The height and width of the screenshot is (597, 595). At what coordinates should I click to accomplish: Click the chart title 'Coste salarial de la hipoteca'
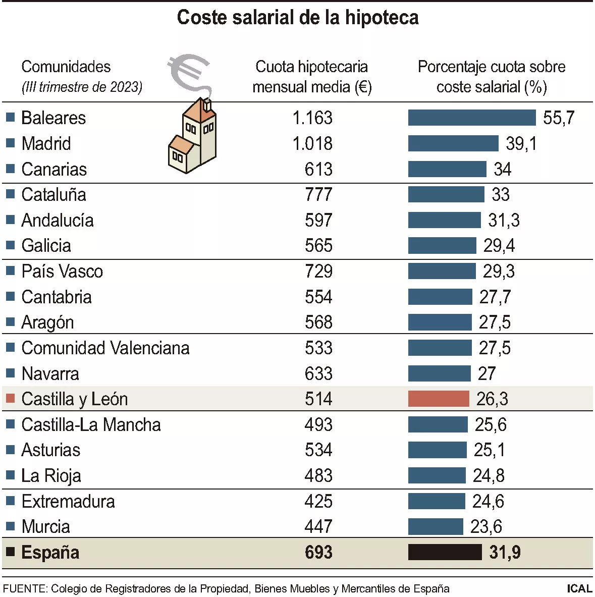pos(297,18)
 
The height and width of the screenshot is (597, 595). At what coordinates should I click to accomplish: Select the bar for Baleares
pos(471,118)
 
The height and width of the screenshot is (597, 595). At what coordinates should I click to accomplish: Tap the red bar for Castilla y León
pos(438,399)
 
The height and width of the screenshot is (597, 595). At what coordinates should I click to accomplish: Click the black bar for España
pos(445,552)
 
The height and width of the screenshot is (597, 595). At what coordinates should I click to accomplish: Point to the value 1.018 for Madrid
pos(312,144)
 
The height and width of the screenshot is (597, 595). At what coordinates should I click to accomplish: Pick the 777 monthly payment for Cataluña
pos(318,195)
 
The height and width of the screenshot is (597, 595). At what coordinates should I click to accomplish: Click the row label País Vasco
pos(62,272)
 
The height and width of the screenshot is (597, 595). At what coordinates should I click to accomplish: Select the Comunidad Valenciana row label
pos(105,348)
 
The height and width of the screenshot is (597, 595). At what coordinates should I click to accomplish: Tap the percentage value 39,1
pos(521,144)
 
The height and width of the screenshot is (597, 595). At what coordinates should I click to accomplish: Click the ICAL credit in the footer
pos(579,588)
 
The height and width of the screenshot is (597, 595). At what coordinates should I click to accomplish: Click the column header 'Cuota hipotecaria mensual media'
pos(311,77)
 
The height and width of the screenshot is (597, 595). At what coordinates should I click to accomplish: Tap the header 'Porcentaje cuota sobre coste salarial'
pos(491,77)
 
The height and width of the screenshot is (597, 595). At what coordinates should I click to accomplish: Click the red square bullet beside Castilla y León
pos(10,399)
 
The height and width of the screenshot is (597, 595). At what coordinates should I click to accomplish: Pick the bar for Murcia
pos(435,527)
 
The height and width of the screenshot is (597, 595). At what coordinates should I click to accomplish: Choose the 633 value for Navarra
pos(318,374)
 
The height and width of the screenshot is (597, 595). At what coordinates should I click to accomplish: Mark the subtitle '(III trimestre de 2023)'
pos(82,87)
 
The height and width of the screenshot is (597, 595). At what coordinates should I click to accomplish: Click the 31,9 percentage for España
pos(505,553)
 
